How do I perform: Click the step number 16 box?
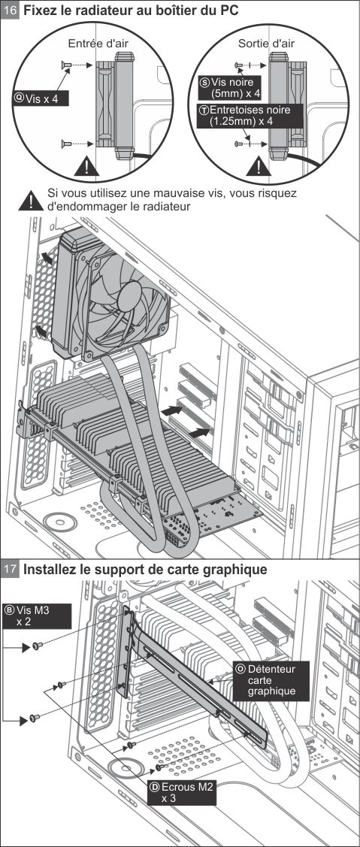[11, 11]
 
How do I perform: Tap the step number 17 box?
[11, 570]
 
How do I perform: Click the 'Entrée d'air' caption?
[98, 44]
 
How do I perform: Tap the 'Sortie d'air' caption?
[267, 44]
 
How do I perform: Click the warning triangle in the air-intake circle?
[86, 166]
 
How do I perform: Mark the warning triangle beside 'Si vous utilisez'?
[31, 201]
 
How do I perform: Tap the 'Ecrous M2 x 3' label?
[181, 792]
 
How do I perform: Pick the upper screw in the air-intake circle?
[65, 65]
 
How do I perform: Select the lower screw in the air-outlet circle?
[238, 144]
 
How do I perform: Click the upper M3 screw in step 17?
[36, 646]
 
